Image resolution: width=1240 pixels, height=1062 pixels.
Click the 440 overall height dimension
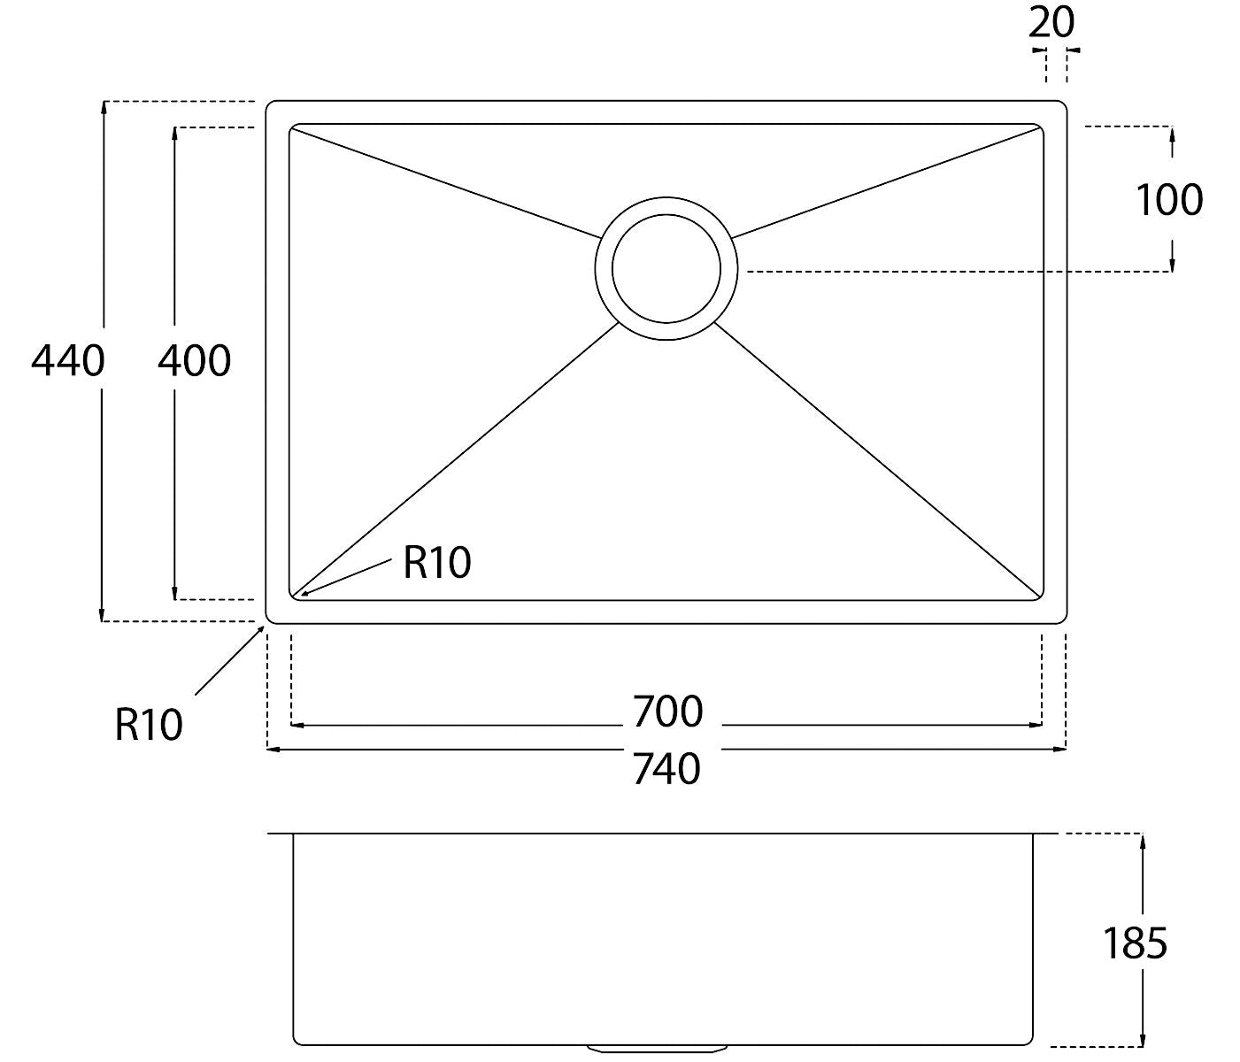(x=68, y=361)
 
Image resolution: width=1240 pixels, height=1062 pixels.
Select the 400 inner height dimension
(x=194, y=361)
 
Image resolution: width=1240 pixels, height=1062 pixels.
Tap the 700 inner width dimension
(x=667, y=712)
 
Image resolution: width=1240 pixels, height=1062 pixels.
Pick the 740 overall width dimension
(x=666, y=769)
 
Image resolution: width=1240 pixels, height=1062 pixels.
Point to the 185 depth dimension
(x=1135, y=943)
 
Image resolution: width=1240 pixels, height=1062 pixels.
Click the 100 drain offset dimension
(x=1170, y=200)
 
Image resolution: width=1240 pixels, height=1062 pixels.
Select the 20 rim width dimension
(x=1051, y=23)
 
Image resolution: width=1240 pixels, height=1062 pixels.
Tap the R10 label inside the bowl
(x=436, y=563)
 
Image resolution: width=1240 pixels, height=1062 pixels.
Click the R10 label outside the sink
(x=148, y=725)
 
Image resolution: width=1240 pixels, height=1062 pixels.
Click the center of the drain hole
(x=666, y=269)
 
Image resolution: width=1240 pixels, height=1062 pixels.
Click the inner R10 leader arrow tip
(x=301, y=596)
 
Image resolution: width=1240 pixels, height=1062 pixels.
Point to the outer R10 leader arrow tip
(x=264, y=626)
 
